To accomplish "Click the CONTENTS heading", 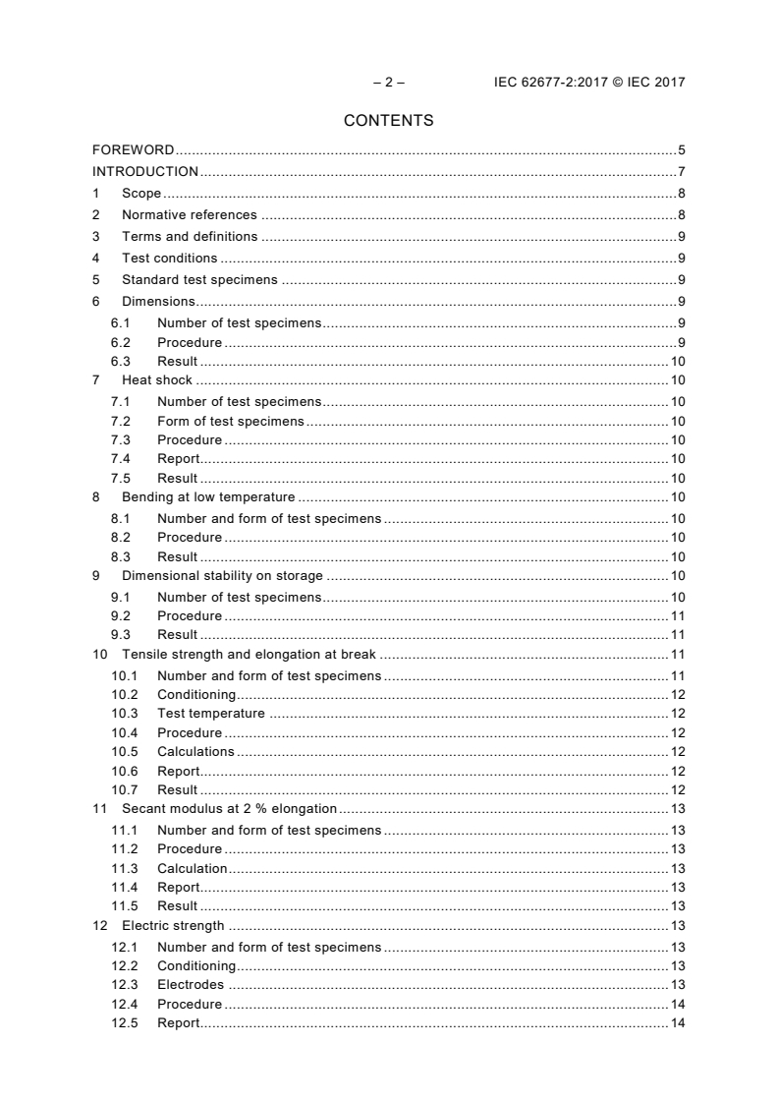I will (388, 122).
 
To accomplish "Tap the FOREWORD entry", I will (134, 150).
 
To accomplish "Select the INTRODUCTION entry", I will (145, 172).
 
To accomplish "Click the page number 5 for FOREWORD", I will (681, 150).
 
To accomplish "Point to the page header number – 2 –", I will (389, 83).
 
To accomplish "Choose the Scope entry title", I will (141, 194).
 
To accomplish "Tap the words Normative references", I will (189, 214).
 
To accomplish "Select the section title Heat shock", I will (157, 380).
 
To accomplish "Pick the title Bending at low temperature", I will (208, 497).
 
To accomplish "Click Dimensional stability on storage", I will (222, 576).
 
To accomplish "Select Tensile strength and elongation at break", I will (250, 655).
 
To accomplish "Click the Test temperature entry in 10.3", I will (210, 714).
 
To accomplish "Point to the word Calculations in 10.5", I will (195, 752).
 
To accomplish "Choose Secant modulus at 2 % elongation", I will (229, 809).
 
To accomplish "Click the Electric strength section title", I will (173, 926).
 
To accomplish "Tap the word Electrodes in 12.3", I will (191, 985).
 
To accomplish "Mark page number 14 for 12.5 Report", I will (678, 1023).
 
